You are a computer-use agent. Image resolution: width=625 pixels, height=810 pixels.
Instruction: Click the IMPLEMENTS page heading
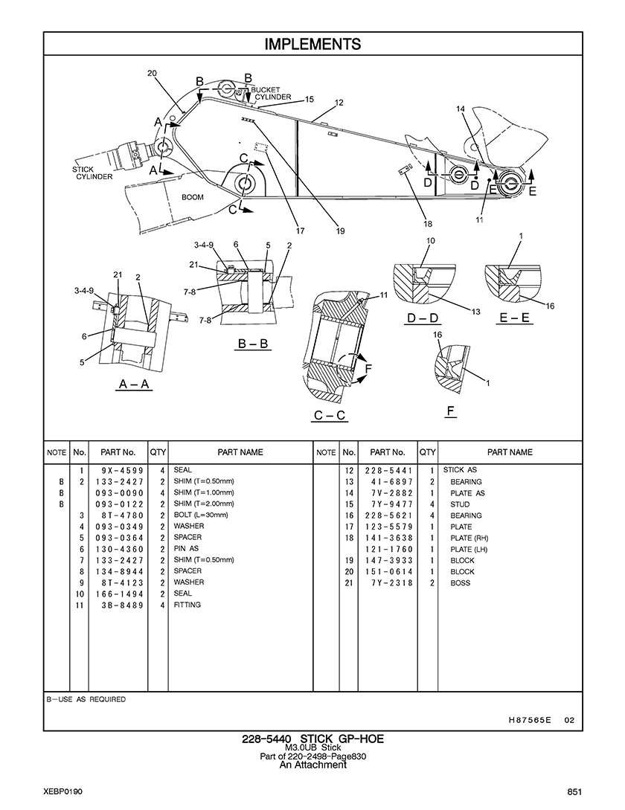point(312,44)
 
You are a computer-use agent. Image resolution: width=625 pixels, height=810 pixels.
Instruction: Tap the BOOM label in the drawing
point(192,197)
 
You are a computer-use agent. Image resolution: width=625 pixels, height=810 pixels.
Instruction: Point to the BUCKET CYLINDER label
point(272,94)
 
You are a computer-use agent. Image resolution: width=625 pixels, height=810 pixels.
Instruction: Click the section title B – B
point(253,344)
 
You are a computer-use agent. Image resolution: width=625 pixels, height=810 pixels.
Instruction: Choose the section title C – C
point(330,415)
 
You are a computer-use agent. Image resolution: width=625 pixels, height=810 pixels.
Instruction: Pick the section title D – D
point(423,318)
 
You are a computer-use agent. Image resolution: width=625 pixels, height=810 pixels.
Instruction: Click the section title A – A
point(134,385)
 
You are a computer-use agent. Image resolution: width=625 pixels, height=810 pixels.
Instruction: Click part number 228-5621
point(388,515)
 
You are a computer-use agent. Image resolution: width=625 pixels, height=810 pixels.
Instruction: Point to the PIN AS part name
point(186,549)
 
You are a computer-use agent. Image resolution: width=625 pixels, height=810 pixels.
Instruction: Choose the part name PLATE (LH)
point(469,549)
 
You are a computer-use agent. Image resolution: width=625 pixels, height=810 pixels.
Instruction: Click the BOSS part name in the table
point(460,582)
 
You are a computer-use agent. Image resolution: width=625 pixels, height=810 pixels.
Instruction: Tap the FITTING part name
point(187,605)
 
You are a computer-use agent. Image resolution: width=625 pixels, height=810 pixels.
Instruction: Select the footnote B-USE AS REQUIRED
point(86,699)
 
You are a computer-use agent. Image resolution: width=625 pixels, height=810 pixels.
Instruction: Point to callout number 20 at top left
point(152,74)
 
